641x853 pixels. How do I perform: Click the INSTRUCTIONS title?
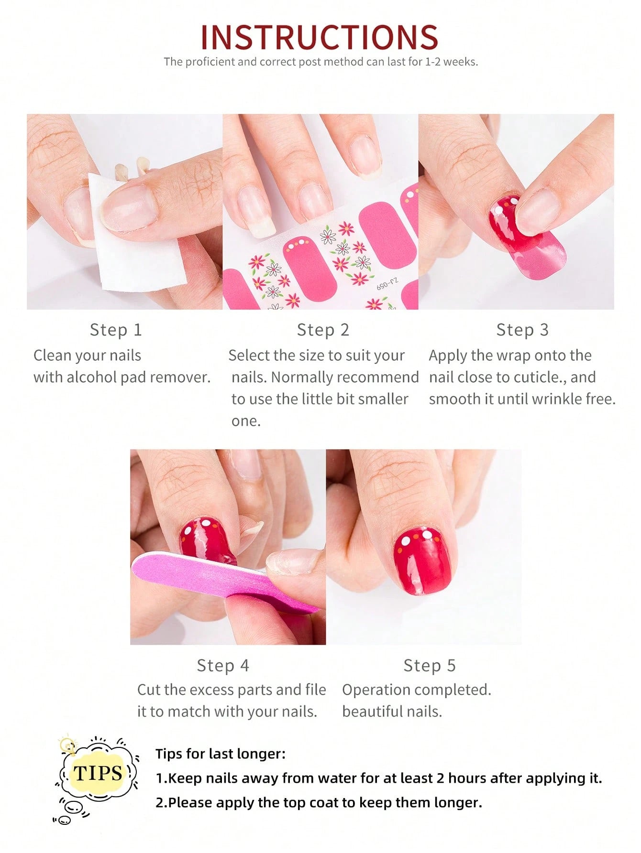(319, 37)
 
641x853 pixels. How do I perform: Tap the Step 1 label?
(116, 330)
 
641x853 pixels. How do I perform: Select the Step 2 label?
(323, 330)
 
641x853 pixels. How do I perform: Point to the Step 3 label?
(522, 330)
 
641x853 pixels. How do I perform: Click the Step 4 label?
(223, 665)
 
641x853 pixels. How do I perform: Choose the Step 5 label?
(430, 665)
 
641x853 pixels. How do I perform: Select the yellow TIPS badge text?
(98, 773)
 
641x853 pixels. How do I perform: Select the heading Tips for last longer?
(220, 754)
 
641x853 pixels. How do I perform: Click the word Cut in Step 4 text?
(148, 690)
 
